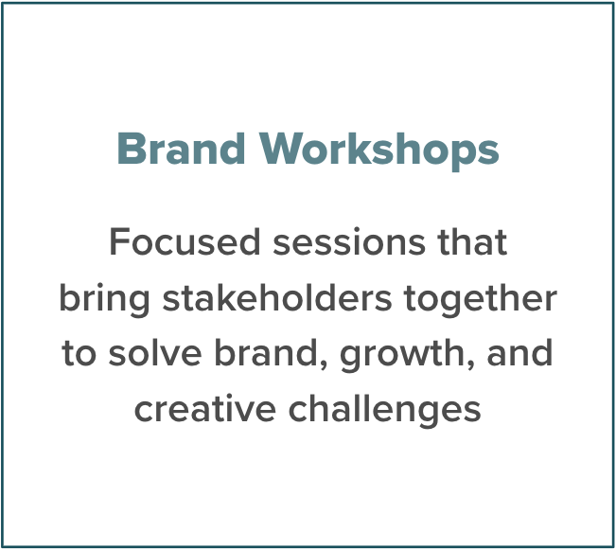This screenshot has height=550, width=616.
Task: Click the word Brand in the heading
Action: [x=181, y=149]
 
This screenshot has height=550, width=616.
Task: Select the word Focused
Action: [x=185, y=241]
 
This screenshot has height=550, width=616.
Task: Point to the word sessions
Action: [x=349, y=242]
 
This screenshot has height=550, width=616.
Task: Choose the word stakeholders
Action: [x=277, y=297]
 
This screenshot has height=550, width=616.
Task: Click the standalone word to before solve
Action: [x=79, y=353]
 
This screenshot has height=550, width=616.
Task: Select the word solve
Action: [x=155, y=353]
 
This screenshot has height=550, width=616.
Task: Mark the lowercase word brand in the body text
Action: [x=266, y=353]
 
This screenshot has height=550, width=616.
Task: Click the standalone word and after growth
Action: [x=519, y=353]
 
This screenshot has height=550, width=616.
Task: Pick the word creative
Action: [x=205, y=409]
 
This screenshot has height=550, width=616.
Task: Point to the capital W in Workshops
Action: [x=282, y=149]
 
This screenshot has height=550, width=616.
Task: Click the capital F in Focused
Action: [x=119, y=241]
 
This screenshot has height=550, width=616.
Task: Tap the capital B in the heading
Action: [x=130, y=149]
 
